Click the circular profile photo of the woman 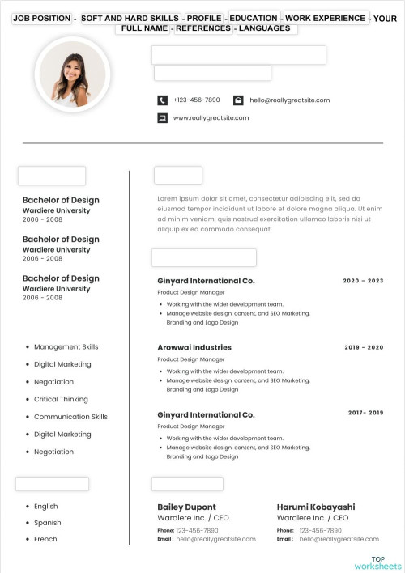[72, 74]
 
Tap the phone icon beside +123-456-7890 [162, 100]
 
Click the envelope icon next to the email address [238, 100]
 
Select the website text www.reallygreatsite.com [211, 118]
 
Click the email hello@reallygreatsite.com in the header [289, 100]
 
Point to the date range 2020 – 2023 [364, 281]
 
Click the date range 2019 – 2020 [364, 347]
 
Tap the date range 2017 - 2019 [365, 413]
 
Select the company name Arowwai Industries [194, 347]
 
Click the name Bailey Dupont [186, 507]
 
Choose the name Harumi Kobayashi [316, 507]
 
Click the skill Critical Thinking [61, 399]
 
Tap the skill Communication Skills [70, 417]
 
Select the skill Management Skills [66, 346]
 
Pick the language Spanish [48, 523]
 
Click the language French [45, 539]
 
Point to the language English [46, 507]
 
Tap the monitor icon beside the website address [162, 118]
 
